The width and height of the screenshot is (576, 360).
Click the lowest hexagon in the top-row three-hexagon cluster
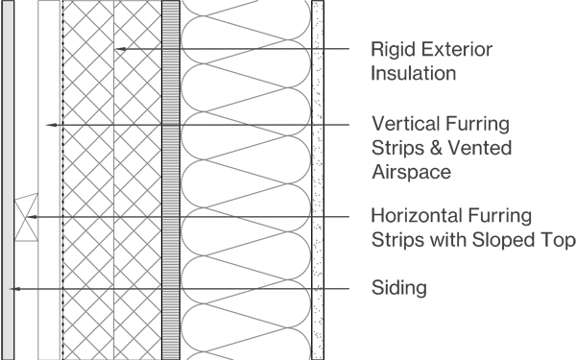(133, 53)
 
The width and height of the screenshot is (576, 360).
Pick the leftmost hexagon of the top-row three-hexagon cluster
(121, 45)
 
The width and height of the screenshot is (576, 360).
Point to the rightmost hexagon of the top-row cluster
(147, 45)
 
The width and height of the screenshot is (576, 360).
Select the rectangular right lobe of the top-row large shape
(279, 54)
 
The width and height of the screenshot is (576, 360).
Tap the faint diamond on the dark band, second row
(50, 124)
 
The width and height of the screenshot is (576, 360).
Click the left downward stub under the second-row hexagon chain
(85, 132)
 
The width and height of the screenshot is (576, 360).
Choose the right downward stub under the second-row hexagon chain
(133, 132)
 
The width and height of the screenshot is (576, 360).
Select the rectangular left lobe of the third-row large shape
(212, 223)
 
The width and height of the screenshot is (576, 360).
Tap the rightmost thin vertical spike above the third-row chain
(147, 209)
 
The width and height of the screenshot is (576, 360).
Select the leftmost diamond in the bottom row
(25, 288)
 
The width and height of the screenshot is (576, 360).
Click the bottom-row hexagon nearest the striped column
(147, 286)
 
